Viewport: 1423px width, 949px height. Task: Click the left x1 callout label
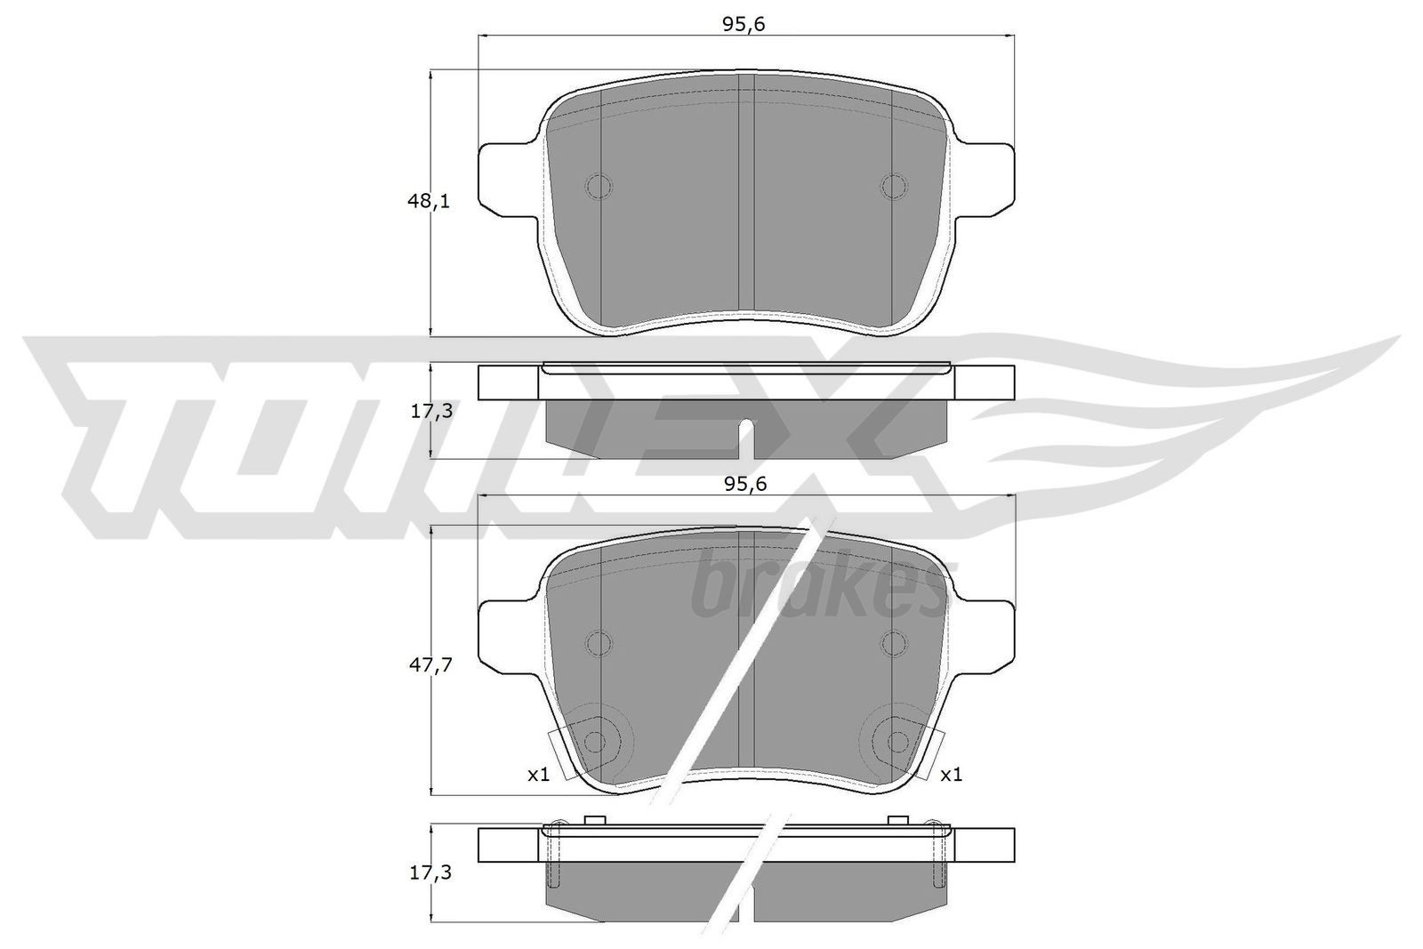538,775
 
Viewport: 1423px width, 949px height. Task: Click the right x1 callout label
951,775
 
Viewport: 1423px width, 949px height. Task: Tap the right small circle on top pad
893,186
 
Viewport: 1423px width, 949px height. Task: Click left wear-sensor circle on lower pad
596,741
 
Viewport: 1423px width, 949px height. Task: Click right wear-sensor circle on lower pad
897,741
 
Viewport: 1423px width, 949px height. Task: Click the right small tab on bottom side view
898,819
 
